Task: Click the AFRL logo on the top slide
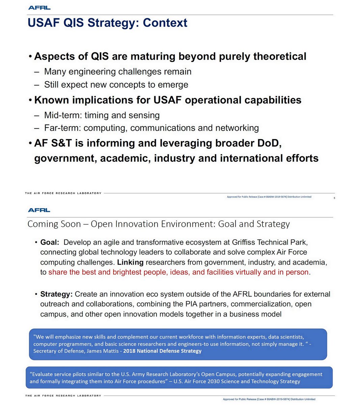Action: (39, 8)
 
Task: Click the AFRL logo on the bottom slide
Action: (39, 210)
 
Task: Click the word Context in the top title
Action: (165, 23)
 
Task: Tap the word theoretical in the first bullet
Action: (280, 56)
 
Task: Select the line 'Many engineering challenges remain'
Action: (118, 72)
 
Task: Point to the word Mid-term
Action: (63, 115)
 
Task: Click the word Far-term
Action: (62, 128)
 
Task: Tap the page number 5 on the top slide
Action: (334, 198)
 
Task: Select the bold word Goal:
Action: (50, 242)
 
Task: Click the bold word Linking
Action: (130, 262)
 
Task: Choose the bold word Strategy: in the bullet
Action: (56, 294)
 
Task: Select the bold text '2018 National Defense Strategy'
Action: (162, 351)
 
